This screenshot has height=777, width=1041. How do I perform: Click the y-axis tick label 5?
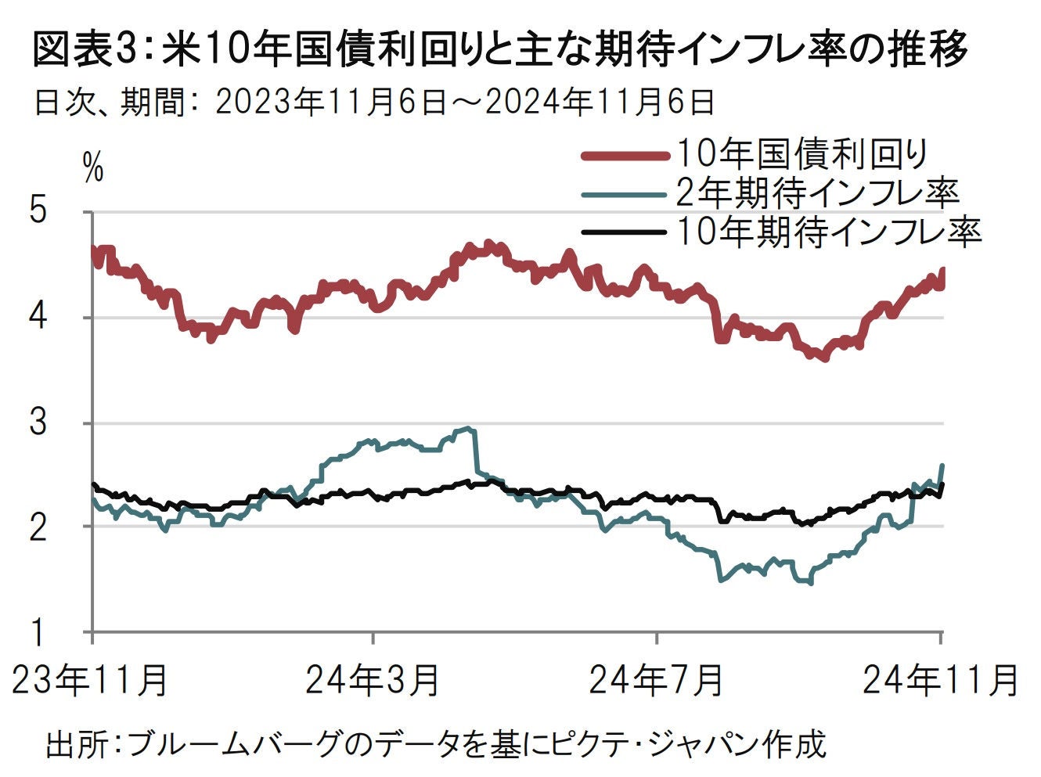pyautogui.click(x=39, y=212)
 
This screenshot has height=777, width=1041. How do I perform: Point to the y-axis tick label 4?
pyautogui.click(x=39, y=318)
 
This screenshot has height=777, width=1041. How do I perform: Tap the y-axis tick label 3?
pyautogui.click(x=39, y=423)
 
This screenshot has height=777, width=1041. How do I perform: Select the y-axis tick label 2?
pyautogui.click(x=39, y=526)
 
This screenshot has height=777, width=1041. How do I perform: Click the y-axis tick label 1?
pyautogui.click(x=39, y=631)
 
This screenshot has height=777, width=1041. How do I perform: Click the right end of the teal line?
pyautogui.click(x=942, y=466)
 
